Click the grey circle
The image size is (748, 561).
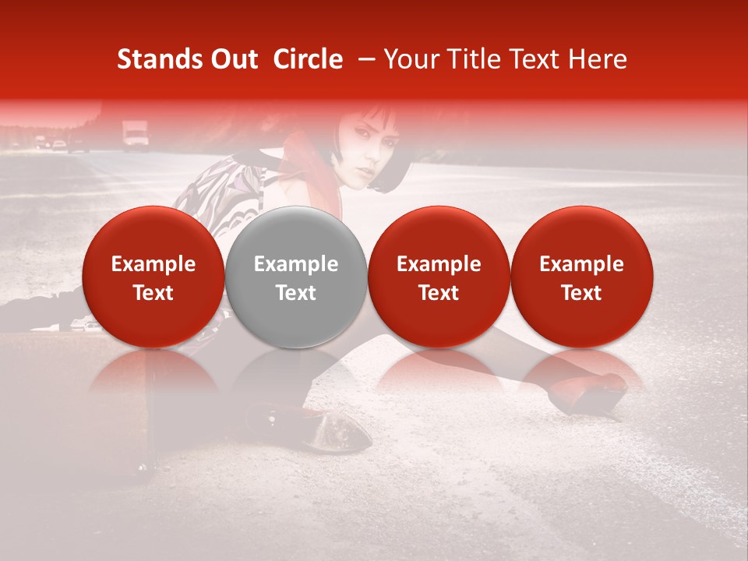point(296,277)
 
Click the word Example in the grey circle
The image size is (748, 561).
point(296,264)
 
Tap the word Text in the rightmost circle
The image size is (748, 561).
point(581,293)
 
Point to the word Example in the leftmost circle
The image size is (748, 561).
point(153,264)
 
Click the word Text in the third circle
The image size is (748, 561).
point(439,293)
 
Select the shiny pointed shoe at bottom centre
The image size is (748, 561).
point(331,432)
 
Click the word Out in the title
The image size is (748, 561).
point(235,59)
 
